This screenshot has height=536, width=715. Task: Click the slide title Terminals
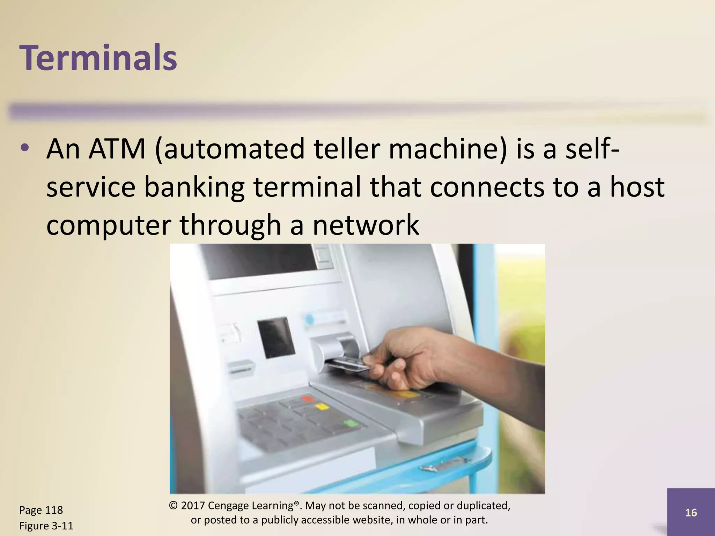tap(98, 58)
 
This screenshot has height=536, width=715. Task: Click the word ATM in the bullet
tap(117, 149)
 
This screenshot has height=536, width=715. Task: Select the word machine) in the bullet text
tap(447, 149)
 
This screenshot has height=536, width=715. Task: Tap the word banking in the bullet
tap(194, 187)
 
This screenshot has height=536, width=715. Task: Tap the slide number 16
tap(691, 513)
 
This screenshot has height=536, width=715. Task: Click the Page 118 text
tap(41, 510)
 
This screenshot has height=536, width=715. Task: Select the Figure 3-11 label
tap(46, 526)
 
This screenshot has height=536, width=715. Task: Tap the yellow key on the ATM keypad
tap(322, 407)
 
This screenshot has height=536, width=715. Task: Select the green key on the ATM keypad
tap(351, 424)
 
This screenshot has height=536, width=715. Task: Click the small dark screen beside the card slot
tap(276, 337)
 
